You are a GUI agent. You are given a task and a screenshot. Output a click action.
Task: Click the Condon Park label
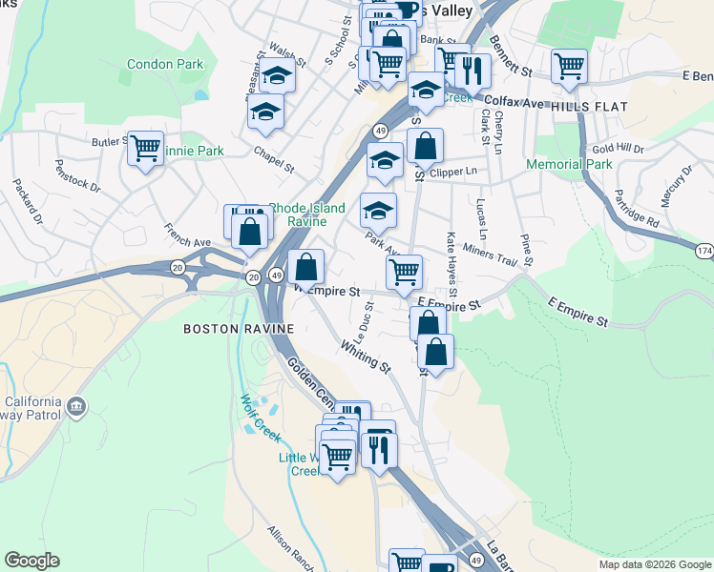165,65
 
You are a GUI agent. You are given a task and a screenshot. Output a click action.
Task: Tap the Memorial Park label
569,164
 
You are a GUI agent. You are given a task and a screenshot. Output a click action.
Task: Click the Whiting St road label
366,357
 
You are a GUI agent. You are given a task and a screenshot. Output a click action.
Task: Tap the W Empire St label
328,290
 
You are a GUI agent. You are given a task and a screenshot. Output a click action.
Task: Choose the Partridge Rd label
639,208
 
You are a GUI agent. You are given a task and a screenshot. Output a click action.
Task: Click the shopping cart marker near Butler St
145,149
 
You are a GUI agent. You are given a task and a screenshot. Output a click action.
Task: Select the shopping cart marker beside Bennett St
569,67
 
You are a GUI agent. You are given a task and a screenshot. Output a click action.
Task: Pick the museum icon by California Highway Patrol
76,408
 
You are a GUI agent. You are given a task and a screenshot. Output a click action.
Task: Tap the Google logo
31,561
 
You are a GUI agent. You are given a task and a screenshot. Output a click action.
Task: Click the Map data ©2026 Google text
654,564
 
